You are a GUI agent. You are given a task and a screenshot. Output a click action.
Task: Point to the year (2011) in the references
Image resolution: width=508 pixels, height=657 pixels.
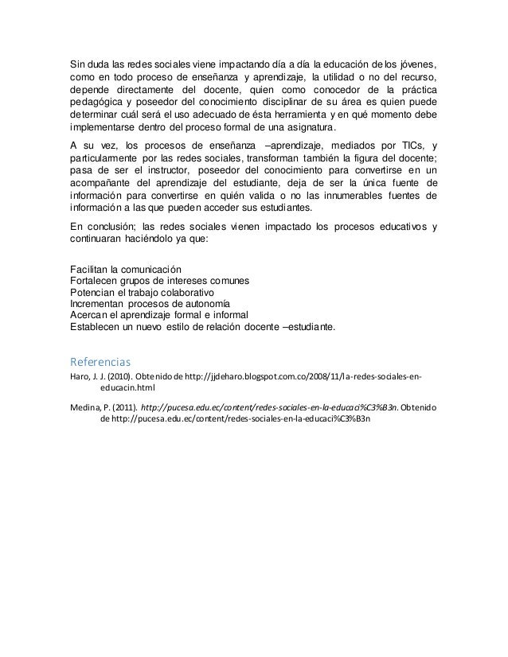pos(123,407)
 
